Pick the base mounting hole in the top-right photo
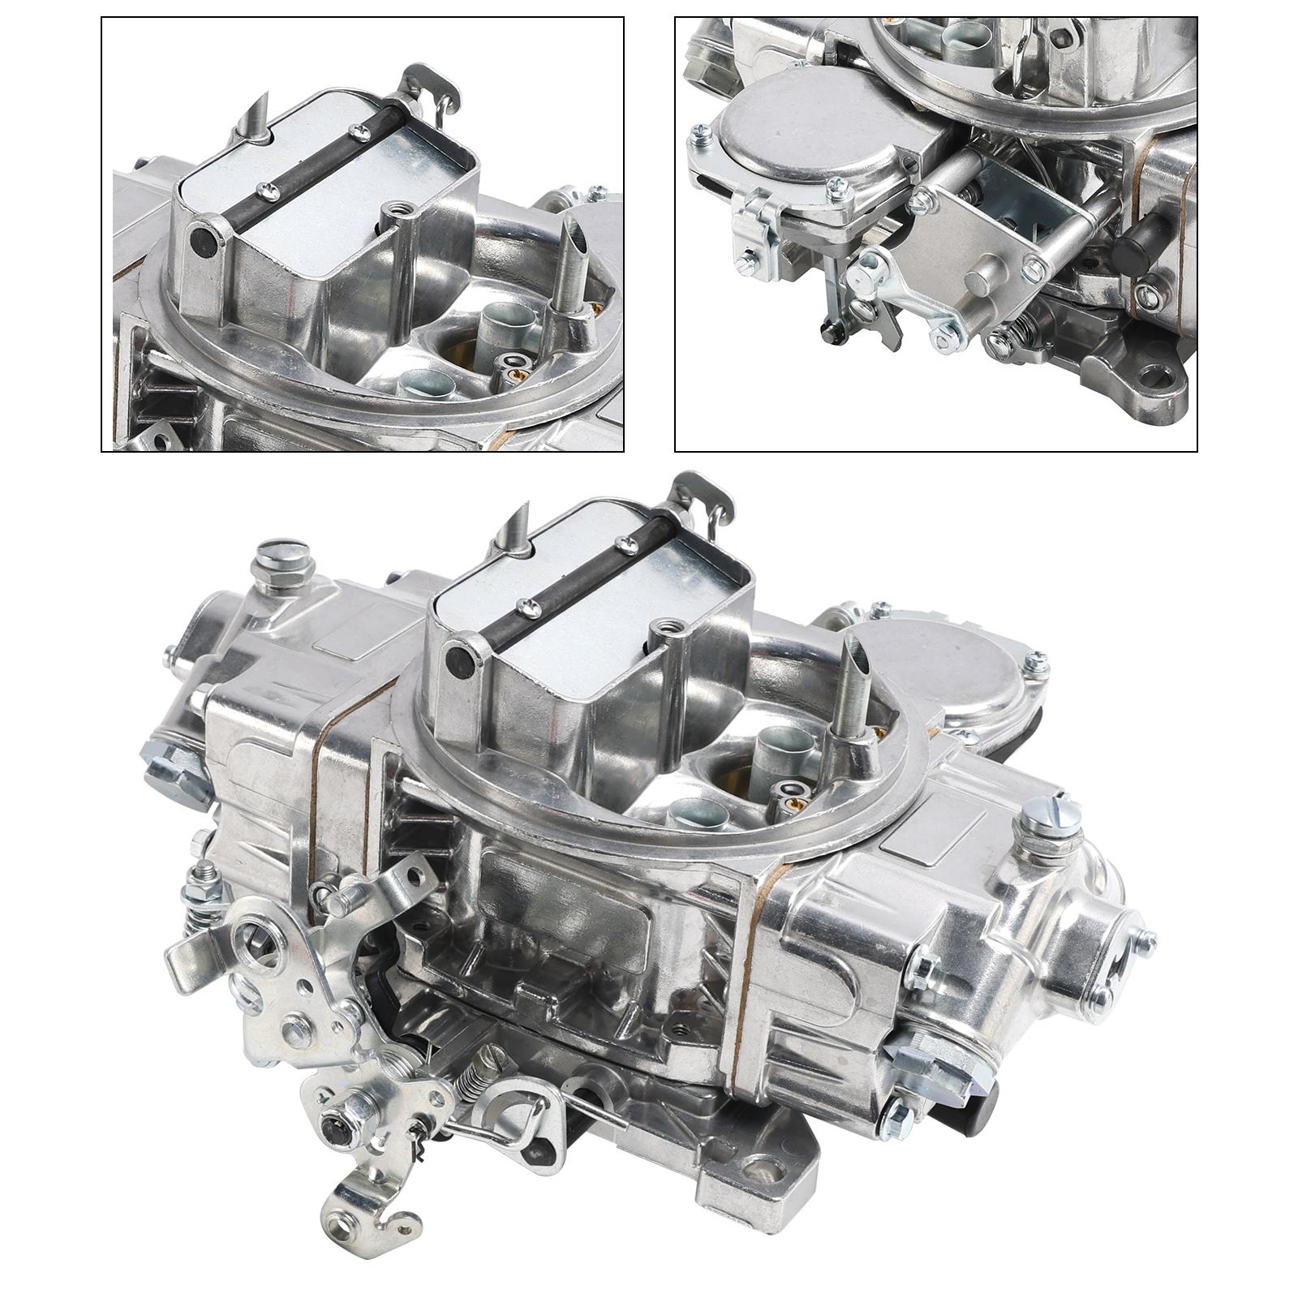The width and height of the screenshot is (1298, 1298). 1163,377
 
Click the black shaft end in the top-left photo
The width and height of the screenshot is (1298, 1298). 200,241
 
